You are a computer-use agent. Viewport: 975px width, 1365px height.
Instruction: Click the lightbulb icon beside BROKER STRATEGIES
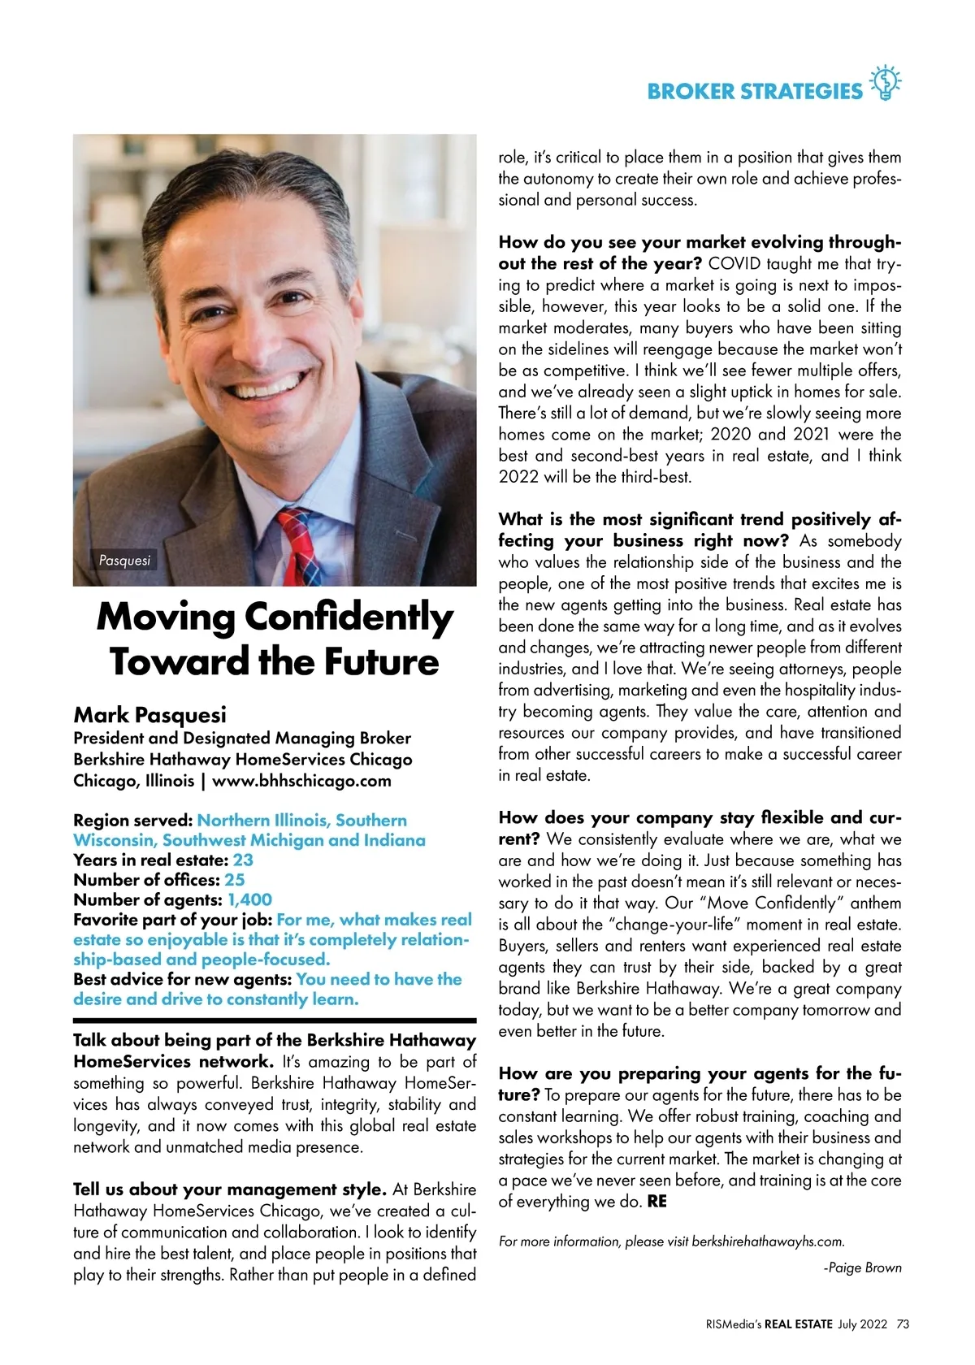(x=885, y=83)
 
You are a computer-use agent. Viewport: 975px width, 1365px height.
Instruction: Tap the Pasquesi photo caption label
(x=124, y=560)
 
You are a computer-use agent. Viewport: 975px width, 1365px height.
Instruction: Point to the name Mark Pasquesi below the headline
(x=150, y=715)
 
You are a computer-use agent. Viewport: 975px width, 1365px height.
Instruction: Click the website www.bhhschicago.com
(x=301, y=781)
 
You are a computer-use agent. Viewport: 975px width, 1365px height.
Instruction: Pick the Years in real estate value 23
(x=243, y=860)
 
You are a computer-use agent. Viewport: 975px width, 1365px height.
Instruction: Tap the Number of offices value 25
(x=235, y=880)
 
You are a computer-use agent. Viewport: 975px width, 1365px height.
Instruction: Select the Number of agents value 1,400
(x=249, y=899)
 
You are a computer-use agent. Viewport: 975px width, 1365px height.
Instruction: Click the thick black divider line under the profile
(x=275, y=1020)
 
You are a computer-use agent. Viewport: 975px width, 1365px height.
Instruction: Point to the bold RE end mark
(x=656, y=1202)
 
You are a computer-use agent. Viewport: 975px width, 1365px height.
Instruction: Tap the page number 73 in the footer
(x=903, y=1324)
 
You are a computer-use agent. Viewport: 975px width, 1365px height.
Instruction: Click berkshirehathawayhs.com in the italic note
(x=768, y=1241)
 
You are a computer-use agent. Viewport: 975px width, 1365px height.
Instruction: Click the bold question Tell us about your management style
(x=230, y=1189)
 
